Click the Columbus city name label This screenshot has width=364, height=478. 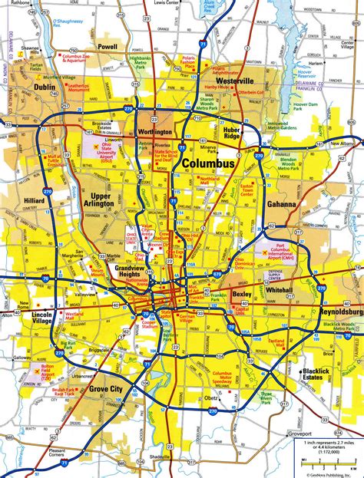[209, 164]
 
